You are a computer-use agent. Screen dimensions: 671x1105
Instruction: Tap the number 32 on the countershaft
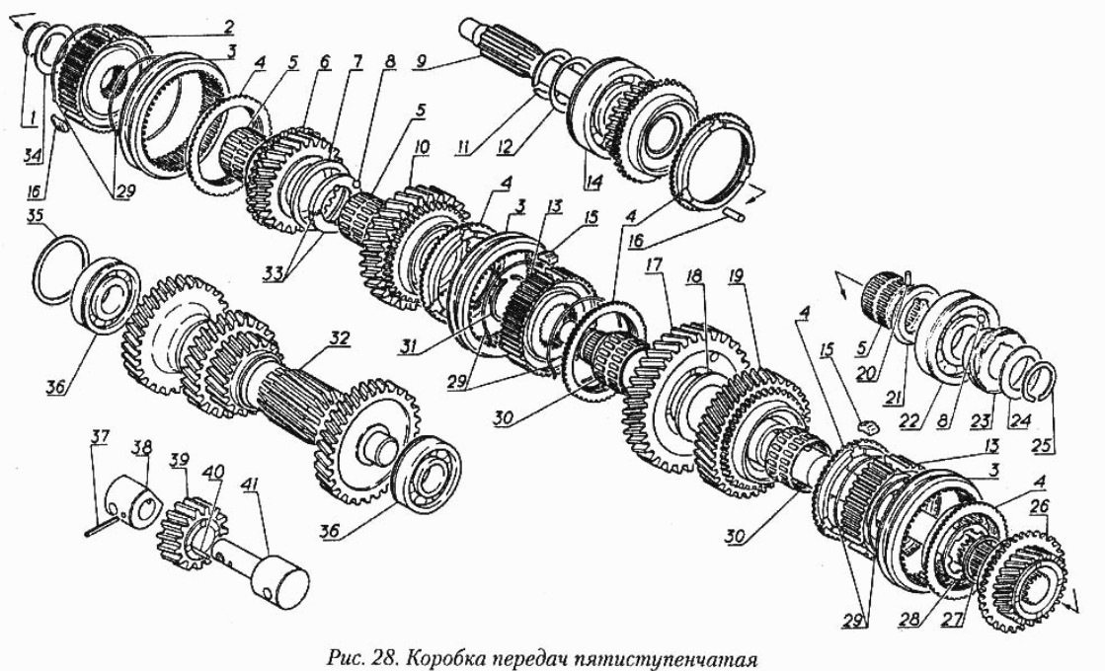(339, 336)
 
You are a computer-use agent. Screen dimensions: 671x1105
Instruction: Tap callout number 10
(423, 147)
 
